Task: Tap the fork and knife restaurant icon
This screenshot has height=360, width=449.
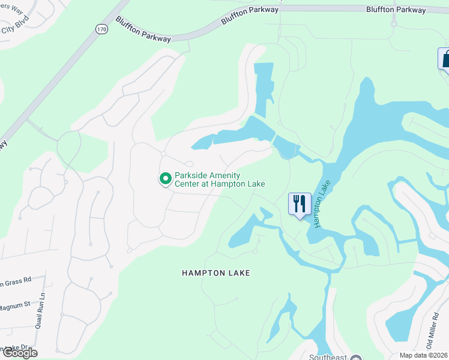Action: pyautogui.click(x=300, y=203)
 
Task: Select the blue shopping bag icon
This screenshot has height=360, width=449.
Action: pyautogui.click(x=445, y=59)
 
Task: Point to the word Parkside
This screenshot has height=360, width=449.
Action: pyautogui.click(x=191, y=176)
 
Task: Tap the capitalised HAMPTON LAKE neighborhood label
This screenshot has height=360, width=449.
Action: pyautogui.click(x=215, y=273)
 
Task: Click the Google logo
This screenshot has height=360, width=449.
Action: pyautogui.click(x=19, y=353)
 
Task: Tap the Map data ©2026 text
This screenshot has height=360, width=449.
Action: pyautogui.click(x=423, y=355)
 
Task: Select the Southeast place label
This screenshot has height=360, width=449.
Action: pyautogui.click(x=327, y=358)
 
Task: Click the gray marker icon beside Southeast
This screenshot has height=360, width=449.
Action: pyautogui.click(x=356, y=358)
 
